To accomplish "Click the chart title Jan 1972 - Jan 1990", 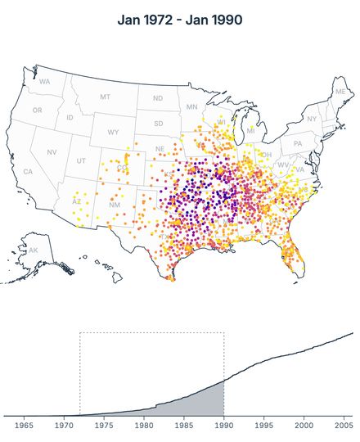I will point(179,20).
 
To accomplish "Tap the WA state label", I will point(44,82).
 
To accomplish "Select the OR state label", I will point(37,110).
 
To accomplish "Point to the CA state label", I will point(28,172).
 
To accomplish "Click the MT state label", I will point(105,97).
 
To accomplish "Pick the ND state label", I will point(157,98).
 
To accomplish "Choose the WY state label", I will point(113,132).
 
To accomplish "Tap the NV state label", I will point(52,152).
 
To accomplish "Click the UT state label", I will point(81,160).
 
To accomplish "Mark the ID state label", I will point(70,118).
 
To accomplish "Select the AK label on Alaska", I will point(33,250).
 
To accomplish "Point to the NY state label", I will point(312,119).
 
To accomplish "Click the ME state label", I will point(340,92).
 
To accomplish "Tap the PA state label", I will point(297,143).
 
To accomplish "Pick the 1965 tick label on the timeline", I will point(25,426).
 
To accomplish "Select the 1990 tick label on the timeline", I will point(223,426).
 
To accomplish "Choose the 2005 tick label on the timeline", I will point(344,426).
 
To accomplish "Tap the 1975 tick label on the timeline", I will point(104,426).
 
